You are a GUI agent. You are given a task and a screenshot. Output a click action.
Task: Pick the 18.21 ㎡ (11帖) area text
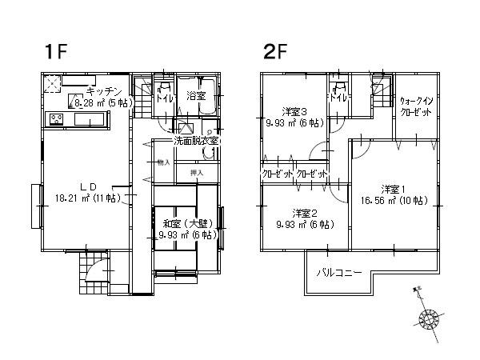coord(87,197)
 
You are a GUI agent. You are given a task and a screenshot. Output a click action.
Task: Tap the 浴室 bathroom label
coord(194,96)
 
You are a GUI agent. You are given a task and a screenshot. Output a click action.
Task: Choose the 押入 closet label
coord(196,173)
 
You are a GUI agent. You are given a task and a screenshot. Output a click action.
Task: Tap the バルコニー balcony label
coord(340,272)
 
